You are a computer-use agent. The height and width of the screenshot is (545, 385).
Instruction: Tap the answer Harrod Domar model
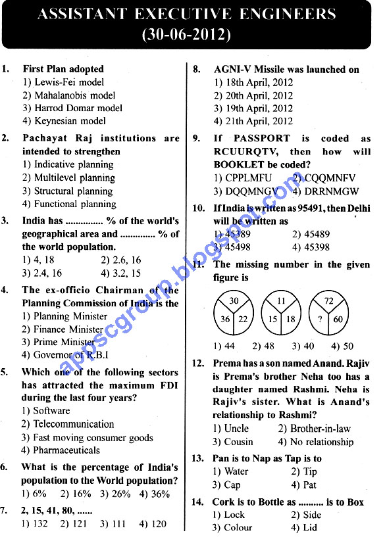tap(72, 108)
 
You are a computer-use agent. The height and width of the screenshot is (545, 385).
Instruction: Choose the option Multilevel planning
tap(68, 178)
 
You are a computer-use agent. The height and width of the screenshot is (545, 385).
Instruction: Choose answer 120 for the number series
tap(153, 524)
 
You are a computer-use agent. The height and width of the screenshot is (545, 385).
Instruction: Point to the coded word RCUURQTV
tap(243, 152)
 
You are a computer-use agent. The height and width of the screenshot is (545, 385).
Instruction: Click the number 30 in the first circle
tap(234, 301)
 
